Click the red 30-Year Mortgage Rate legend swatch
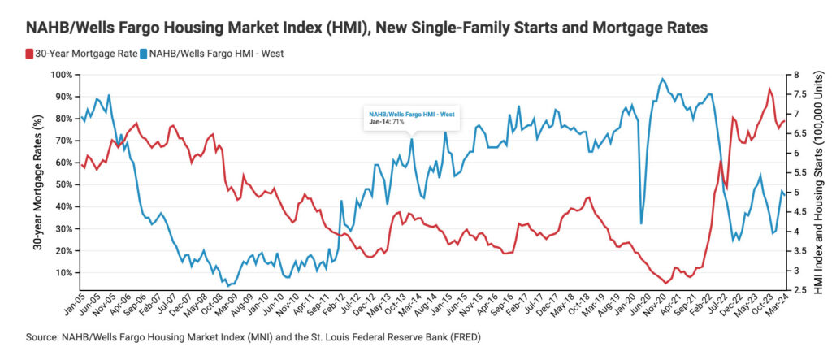(x=28, y=55)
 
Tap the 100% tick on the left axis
(x=60, y=75)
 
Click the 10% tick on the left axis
(x=63, y=272)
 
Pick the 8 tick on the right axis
(x=794, y=75)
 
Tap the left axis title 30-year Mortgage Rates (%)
(x=38, y=182)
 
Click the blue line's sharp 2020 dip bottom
(x=642, y=223)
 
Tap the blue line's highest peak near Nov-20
(x=663, y=79)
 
